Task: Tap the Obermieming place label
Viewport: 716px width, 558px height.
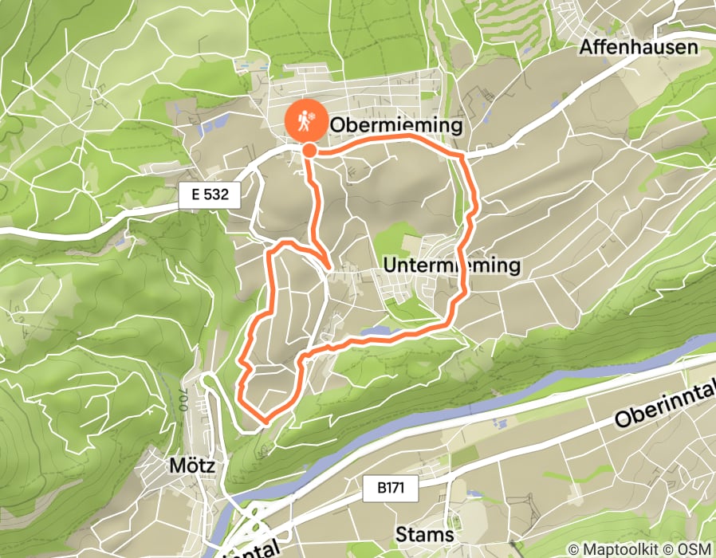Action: [395, 125]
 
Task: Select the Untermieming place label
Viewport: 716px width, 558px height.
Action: [451, 265]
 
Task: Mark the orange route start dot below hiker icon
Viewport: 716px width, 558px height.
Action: [309, 149]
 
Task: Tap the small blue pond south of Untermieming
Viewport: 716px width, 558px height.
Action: [375, 331]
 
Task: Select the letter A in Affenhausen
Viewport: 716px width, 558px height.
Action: [586, 47]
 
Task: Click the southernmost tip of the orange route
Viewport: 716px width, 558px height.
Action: [263, 417]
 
